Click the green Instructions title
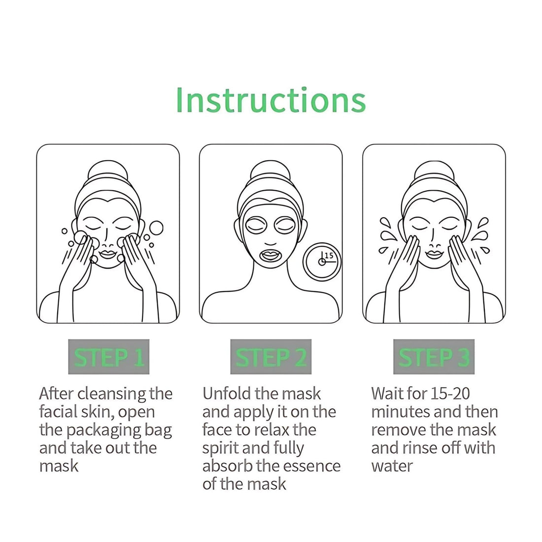[x=271, y=100]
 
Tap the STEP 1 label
[x=108, y=357]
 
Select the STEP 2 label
[x=271, y=357]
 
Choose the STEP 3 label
[x=434, y=357]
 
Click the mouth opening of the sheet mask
[x=271, y=255]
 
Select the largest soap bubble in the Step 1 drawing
[x=156, y=228]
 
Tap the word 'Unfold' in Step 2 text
[x=226, y=394]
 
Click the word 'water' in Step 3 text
[x=392, y=466]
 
